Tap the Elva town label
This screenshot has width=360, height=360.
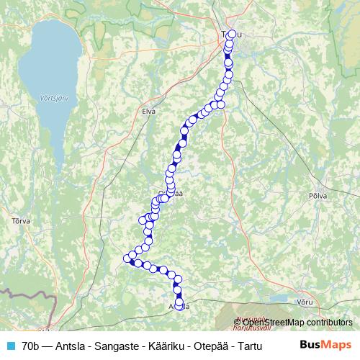(x=149, y=111)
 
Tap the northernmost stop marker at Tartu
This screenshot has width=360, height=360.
(x=231, y=33)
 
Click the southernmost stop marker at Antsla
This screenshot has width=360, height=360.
(x=179, y=305)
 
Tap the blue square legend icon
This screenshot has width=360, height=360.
(x=10, y=346)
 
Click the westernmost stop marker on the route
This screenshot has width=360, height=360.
(x=127, y=258)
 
